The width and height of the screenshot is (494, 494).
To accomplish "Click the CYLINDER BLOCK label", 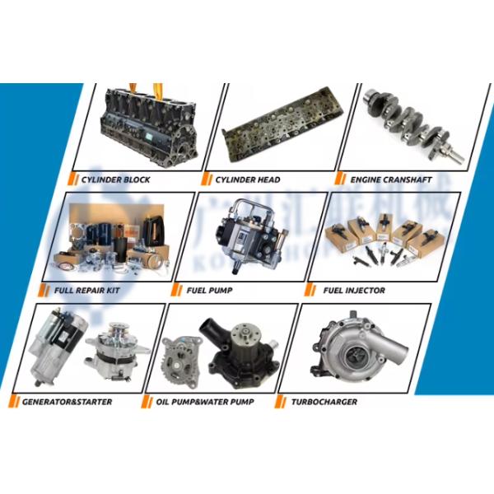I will pos(115,179).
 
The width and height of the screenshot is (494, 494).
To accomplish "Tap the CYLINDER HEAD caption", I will pos(247,179).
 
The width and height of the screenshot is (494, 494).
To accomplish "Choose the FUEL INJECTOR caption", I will pos(354,291).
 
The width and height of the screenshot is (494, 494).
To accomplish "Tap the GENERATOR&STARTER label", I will pos(68,402).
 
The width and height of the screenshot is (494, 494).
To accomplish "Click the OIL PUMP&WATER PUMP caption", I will pos(204,402).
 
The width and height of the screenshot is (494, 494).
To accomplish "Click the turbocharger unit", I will pos(354,350).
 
